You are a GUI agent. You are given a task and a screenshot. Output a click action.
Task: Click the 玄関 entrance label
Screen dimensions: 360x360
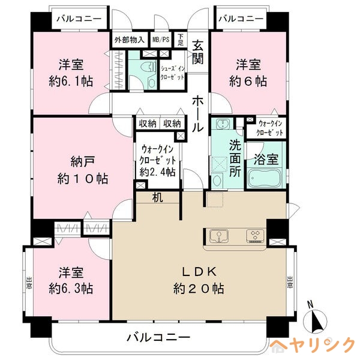pos(198,53)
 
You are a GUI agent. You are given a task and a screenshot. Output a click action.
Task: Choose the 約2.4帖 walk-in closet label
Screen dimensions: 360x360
pos(158,160)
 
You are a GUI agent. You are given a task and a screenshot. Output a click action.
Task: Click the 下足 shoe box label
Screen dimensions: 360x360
pos(181,39)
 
